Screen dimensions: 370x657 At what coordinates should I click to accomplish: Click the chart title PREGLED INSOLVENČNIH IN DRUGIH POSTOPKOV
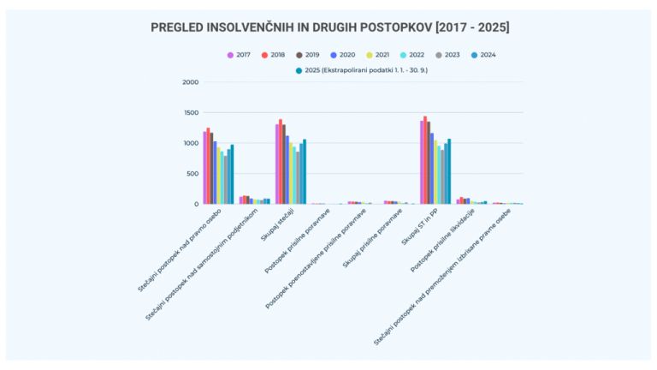click(329, 27)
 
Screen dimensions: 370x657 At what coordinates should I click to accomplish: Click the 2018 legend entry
click(275, 55)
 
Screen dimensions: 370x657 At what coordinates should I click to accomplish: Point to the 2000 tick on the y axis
click(190, 82)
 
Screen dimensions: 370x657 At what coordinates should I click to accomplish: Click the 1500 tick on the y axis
click(190, 113)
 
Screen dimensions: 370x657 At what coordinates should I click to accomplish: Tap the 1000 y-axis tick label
click(190, 143)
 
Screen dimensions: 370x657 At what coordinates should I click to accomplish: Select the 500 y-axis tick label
click(192, 174)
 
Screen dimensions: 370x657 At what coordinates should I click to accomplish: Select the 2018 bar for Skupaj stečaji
click(281, 162)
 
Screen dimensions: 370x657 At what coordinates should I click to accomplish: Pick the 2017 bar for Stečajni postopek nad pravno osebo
click(204, 168)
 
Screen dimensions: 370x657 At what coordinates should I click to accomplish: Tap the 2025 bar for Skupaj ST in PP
click(449, 171)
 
